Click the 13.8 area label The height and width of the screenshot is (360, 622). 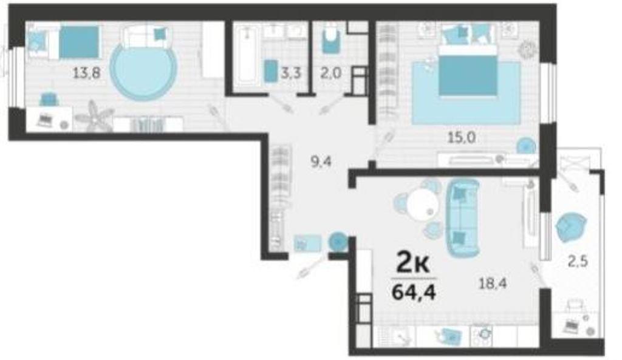tap(86, 73)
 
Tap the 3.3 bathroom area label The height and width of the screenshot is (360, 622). tap(291, 73)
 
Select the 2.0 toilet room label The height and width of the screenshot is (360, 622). tap(331, 73)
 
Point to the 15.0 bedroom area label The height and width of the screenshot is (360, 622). tap(462, 138)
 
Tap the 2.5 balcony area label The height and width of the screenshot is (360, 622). tap(577, 262)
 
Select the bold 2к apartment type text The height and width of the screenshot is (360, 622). tap(413, 265)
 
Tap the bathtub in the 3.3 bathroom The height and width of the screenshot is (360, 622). tap(247, 55)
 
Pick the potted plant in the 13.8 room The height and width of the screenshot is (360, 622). tap(94, 115)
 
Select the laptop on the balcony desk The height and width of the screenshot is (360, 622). tap(571, 326)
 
